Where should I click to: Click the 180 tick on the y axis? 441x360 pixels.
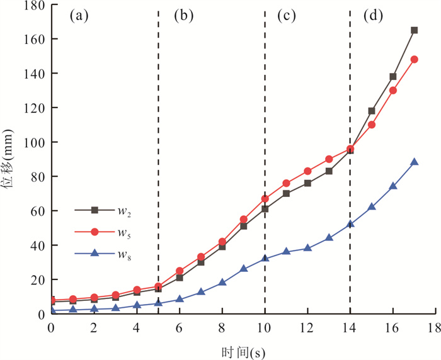(x=34, y=5)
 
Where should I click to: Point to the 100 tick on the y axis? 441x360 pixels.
(x=34, y=142)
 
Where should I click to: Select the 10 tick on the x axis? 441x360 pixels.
(x=265, y=329)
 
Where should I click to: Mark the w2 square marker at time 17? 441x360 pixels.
(x=414, y=30)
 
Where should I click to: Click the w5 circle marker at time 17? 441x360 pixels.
(x=414, y=59)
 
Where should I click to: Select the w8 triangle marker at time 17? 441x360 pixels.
(x=414, y=162)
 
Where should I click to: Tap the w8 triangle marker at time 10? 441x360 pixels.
(x=265, y=258)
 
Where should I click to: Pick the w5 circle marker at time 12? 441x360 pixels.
(x=307, y=171)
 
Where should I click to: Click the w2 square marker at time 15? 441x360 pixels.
(x=372, y=111)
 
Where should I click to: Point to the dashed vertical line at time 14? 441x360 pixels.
(x=350, y=189)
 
